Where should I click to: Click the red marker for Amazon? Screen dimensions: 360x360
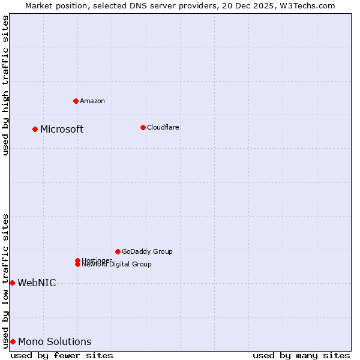pos(76,101)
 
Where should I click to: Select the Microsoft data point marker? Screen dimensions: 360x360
pos(35,129)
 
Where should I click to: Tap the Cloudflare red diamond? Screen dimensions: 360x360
pos(143,127)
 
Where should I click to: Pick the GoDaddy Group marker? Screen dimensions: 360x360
pos(118,251)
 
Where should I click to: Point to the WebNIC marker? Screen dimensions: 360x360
pos(12,283)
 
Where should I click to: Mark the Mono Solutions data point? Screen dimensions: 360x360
pos(13,341)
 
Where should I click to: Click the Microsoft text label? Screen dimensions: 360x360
pos(62,130)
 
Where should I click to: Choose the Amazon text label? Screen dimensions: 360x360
pos(92,101)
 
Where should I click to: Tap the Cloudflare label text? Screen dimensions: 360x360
pos(163,128)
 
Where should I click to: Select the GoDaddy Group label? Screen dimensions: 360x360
pos(147,252)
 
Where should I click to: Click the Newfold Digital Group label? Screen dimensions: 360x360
pos(117,265)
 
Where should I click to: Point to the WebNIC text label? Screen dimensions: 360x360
pos(37,283)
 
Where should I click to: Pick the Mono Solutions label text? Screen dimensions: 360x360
pos(55,342)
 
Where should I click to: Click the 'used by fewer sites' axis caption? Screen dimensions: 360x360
pos(62,356)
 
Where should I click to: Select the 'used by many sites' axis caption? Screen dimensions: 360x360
pos(301,356)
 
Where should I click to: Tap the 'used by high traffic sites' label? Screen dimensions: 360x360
pos(6,85)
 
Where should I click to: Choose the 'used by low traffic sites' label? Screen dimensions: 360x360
pos(6,280)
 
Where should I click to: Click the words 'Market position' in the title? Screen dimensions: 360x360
pos(53,5)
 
